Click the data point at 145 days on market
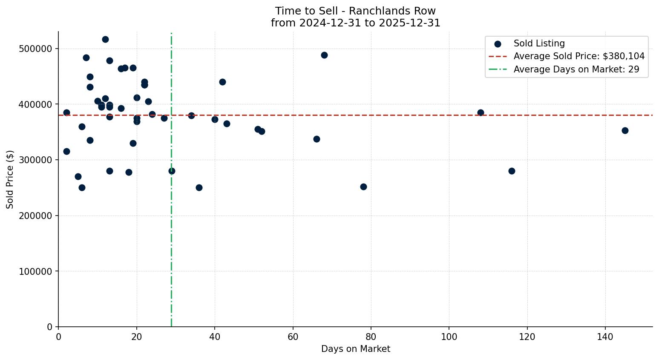(x=625, y=130)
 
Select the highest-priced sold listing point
(x=105, y=39)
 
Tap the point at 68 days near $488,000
(x=324, y=55)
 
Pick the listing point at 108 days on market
(x=481, y=112)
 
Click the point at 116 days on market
(x=512, y=171)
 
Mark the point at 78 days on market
(x=363, y=187)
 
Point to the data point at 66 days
(x=317, y=139)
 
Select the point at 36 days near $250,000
(x=199, y=187)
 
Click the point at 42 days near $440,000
(x=222, y=82)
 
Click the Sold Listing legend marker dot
(x=498, y=43)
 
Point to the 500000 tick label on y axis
(x=35, y=49)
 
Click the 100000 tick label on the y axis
(x=35, y=271)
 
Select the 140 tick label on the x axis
(x=605, y=337)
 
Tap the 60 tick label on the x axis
(x=293, y=337)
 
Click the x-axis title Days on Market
(x=355, y=349)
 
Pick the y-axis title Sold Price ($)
(x=10, y=179)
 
